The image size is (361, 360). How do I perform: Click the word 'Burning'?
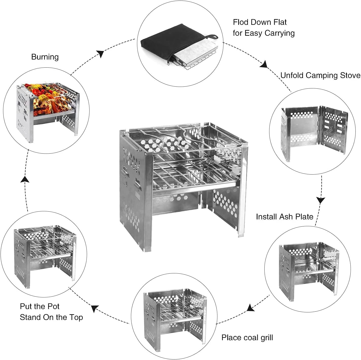(x=45, y=57)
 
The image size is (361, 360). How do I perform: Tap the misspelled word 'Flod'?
(x=240, y=22)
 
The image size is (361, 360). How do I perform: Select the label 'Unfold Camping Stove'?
(x=320, y=75)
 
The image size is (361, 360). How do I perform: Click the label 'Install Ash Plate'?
(x=284, y=217)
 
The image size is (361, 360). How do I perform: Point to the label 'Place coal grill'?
(x=247, y=337)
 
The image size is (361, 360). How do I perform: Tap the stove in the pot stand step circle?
(x=44, y=254)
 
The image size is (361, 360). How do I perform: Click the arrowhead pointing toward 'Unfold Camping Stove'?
(x=264, y=64)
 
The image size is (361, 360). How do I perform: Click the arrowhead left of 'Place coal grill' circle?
(x=251, y=308)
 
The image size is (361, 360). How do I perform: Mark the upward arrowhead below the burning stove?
(x=25, y=179)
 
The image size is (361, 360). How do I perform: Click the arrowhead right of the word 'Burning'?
(x=101, y=54)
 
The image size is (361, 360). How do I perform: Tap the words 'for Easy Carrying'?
(x=264, y=33)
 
